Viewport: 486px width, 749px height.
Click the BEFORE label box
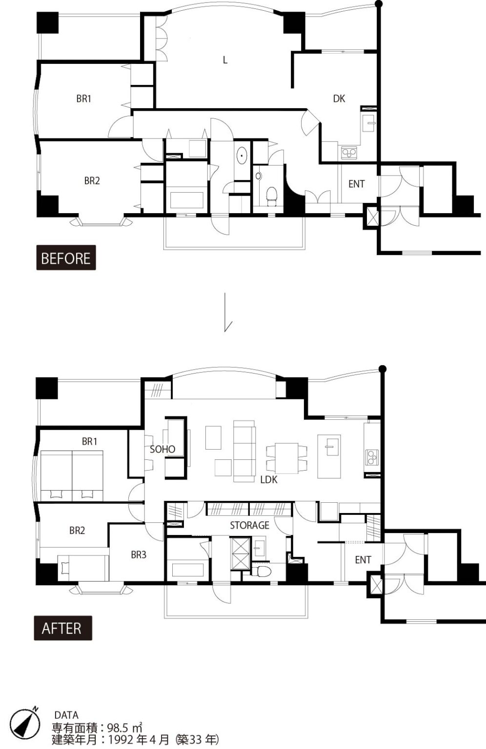(x=66, y=257)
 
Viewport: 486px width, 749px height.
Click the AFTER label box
(x=63, y=628)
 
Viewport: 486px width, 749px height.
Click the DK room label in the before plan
(x=339, y=99)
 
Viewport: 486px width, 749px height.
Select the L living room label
(x=225, y=60)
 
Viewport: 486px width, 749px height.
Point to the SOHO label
(x=162, y=449)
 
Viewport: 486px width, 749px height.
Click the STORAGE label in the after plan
(x=249, y=525)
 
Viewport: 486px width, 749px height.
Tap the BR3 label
(x=139, y=555)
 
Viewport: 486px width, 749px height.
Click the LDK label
(x=269, y=480)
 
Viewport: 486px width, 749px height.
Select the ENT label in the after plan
(x=363, y=560)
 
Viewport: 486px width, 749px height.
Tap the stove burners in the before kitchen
(x=349, y=153)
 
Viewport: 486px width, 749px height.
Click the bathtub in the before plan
(x=187, y=200)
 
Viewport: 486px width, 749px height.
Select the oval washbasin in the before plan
(x=242, y=156)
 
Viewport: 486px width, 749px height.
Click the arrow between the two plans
(x=227, y=312)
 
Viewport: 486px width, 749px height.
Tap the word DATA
(x=67, y=715)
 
